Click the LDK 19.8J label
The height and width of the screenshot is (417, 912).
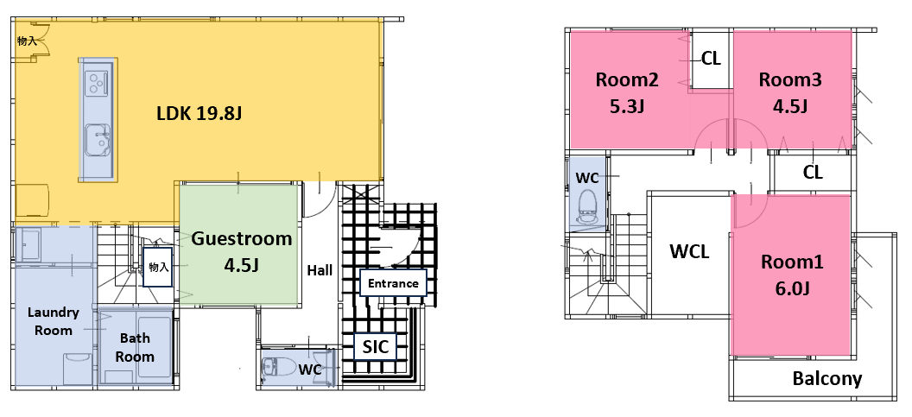[x=199, y=113]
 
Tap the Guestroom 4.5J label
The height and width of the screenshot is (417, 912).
[x=241, y=251]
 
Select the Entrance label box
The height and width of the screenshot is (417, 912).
[x=393, y=283]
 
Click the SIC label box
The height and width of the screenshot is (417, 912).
[x=376, y=347]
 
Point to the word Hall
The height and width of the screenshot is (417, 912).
[x=320, y=270]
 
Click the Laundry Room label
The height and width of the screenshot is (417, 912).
[x=54, y=321]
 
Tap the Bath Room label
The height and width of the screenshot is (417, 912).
[x=135, y=347]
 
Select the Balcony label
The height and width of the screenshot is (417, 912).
[x=827, y=379]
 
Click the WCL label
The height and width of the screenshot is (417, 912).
[x=689, y=251]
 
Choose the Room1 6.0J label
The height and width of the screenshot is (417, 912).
[x=792, y=275]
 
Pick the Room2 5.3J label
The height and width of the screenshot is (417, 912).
[x=626, y=92]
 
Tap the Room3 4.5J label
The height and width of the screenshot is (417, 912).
[x=790, y=92]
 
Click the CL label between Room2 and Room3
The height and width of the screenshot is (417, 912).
[x=711, y=58]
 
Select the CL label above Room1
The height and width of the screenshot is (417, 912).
[x=813, y=172]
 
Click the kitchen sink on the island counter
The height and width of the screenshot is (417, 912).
[x=97, y=140]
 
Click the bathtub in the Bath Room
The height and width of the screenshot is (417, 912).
[x=154, y=346]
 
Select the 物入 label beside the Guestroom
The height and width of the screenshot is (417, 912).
[x=158, y=267]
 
